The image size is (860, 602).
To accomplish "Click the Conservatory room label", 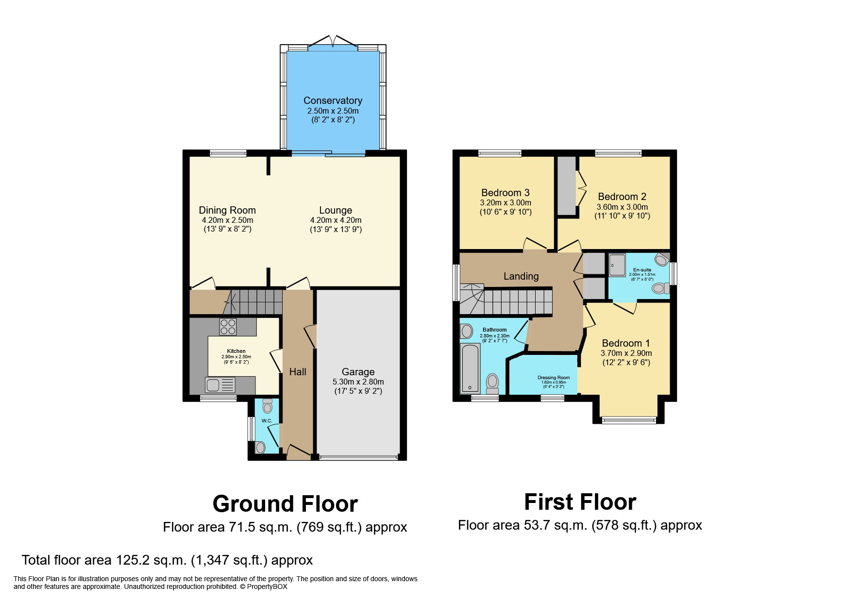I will (x=333, y=100).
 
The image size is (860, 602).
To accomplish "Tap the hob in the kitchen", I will (x=228, y=327).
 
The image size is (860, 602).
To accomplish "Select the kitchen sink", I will (x=221, y=385).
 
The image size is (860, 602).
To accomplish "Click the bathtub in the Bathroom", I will (x=470, y=368).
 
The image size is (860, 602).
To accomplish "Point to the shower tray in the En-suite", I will (x=617, y=265).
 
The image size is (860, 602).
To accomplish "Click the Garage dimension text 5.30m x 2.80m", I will (x=358, y=382).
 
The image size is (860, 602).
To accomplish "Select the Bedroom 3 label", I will (x=505, y=193).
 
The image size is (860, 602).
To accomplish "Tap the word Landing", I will (x=521, y=276).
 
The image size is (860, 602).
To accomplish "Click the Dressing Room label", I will (x=553, y=378).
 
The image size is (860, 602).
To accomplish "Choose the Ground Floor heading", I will (x=285, y=504).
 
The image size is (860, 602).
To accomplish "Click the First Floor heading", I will (x=580, y=502).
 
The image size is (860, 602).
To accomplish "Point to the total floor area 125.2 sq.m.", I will (x=167, y=560).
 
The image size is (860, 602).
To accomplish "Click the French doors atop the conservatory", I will (x=333, y=41).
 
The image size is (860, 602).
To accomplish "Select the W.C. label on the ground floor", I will (x=266, y=420).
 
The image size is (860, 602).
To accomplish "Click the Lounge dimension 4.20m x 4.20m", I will (x=336, y=220).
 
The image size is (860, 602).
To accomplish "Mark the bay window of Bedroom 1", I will (x=628, y=420).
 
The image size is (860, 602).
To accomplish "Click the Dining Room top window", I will (x=228, y=153).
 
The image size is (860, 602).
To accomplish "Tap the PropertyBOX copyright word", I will (x=267, y=586).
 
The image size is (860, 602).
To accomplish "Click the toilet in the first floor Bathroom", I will (x=492, y=383).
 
